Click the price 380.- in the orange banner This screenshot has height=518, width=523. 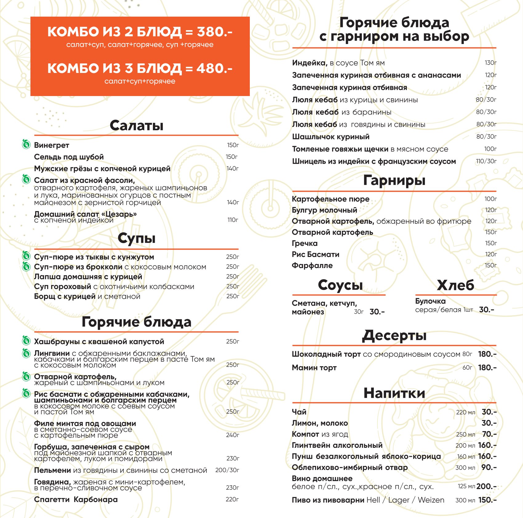[x=214, y=32]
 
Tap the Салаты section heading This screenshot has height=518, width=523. [x=136, y=126]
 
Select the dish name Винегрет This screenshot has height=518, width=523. [x=51, y=145]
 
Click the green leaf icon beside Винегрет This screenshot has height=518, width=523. [x=26, y=144]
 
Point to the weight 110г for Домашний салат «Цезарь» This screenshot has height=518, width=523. [x=233, y=220]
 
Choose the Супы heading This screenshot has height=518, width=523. [x=136, y=238]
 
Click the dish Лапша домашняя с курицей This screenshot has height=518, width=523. [x=88, y=277]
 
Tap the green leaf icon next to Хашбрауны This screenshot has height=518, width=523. [x=26, y=340]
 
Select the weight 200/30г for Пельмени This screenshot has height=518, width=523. [x=227, y=470]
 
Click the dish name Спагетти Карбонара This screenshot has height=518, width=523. [x=76, y=499]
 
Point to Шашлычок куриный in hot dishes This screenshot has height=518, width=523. [x=331, y=137]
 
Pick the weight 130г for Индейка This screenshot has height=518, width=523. [x=490, y=63]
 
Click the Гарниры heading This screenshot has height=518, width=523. [x=394, y=180]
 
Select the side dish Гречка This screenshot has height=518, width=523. [x=305, y=243]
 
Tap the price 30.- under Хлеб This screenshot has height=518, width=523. [x=486, y=310]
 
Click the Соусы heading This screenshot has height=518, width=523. [x=340, y=285]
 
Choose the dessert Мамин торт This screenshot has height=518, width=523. [x=314, y=367]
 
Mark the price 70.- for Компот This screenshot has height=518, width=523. [x=489, y=434]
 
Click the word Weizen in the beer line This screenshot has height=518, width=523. [x=431, y=500]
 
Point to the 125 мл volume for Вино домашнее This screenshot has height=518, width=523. [x=466, y=486]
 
